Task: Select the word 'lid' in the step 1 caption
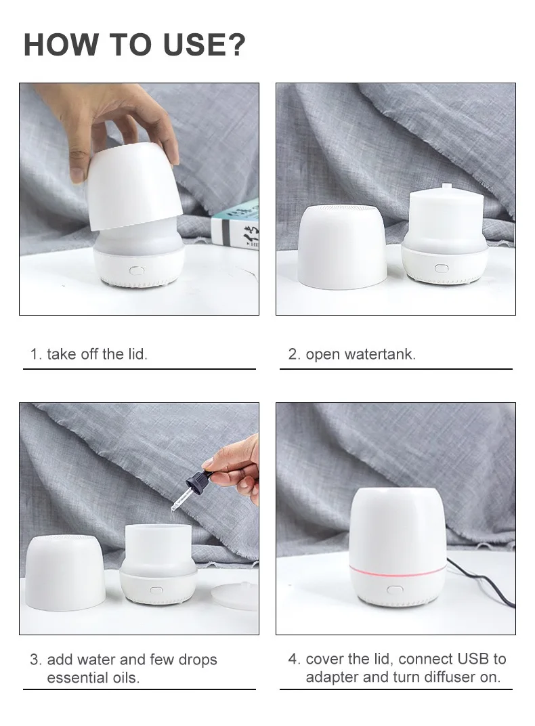tap(135, 354)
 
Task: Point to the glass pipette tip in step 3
tap(179, 507)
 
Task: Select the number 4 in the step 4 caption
tap(293, 659)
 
